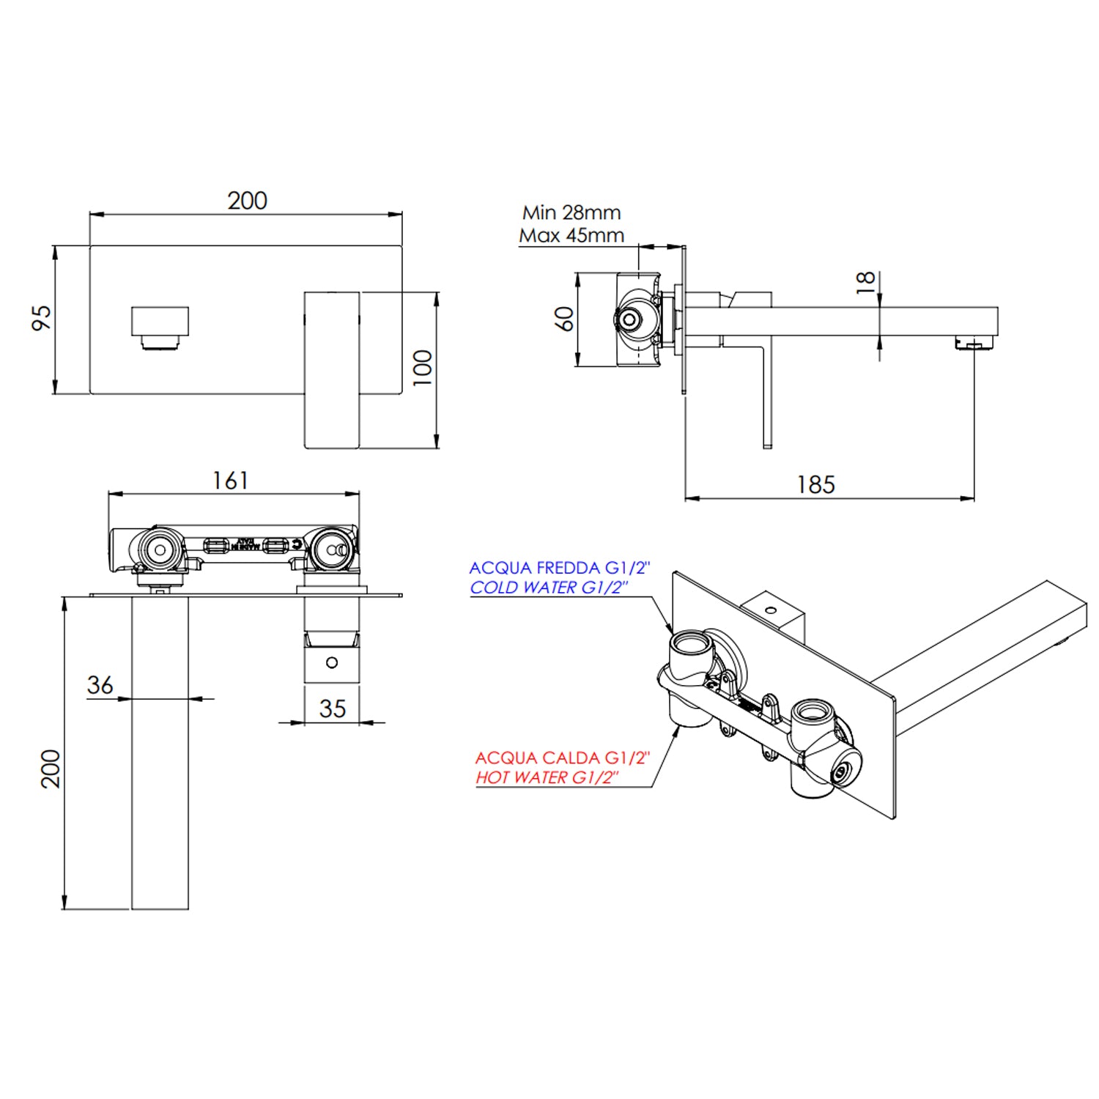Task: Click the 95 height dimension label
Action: [x=42, y=317]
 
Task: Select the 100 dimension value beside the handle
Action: [x=423, y=367]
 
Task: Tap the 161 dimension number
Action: [x=230, y=481]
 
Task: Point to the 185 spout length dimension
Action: [x=815, y=484]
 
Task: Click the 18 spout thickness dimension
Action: [x=865, y=282]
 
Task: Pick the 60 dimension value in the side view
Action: [x=564, y=319]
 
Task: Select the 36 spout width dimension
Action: [x=100, y=685]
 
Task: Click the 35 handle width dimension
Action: [x=332, y=708]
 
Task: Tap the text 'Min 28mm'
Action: [x=571, y=212]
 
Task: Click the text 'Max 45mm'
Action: [x=571, y=236]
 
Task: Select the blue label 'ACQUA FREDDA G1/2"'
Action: [x=560, y=568]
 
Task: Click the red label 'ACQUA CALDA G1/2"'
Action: [x=563, y=758]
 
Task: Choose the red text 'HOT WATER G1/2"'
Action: [x=547, y=777]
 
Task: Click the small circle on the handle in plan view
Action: [x=332, y=662]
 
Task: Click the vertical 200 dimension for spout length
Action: [x=50, y=768]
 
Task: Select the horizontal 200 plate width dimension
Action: [x=247, y=201]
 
